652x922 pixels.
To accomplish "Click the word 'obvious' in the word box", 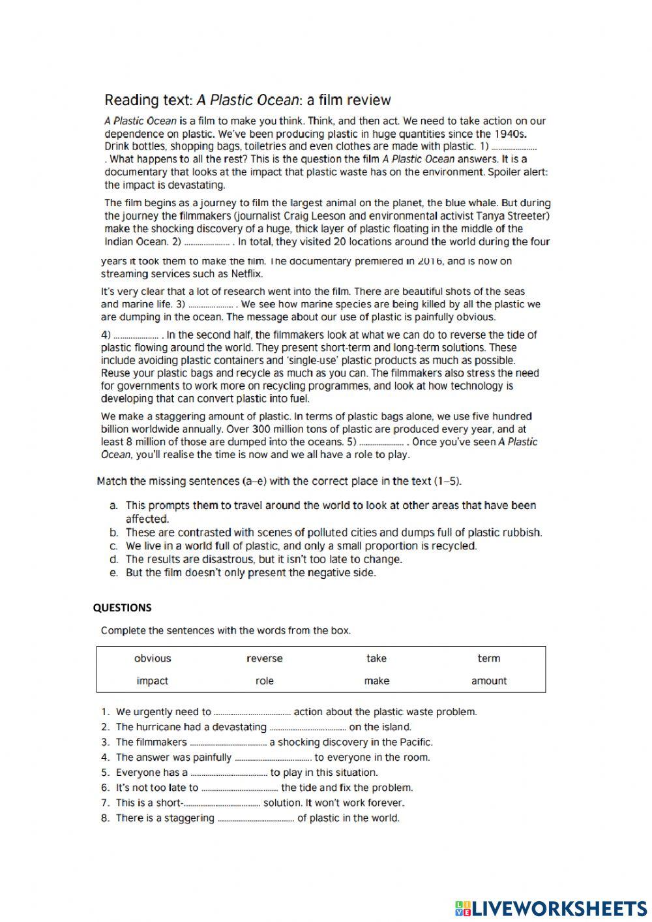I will click(x=153, y=658).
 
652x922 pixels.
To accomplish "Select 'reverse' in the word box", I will click(x=264, y=658).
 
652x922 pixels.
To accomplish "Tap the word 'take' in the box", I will click(x=376, y=658).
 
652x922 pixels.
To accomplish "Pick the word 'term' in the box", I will click(x=488, y=658).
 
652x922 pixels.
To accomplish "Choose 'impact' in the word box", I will click(x=153, y=681).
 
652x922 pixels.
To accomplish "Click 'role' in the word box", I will click(x=264, y=681).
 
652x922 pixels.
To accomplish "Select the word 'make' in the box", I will click(x=376, y=681).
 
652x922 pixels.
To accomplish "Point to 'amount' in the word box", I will click(x=488, y=681).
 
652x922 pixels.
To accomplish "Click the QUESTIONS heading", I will click(x=122, y=607).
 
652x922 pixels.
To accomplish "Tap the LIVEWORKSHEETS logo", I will click(x=550, y=908).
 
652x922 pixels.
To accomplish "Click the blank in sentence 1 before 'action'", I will click(x=252, y=713).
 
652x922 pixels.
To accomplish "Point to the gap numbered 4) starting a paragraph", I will click(x=135, y=335).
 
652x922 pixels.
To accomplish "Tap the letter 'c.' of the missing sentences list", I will click(x=113, y=546).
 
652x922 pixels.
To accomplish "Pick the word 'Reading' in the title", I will click(x=130, y=100).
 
